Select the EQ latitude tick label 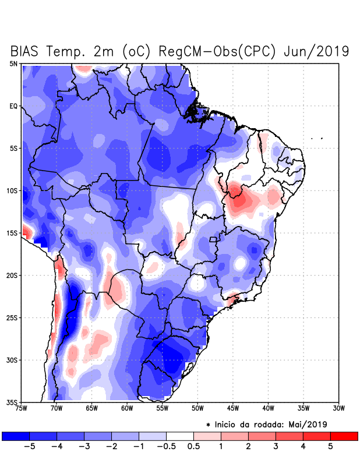pyautogui.click(x=13, y=106)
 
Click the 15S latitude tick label pyautogui.click(x=12, y=233)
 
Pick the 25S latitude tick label pyautogui.click(x=12, y=317)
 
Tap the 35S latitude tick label pyautogui.click(x=12, y=402)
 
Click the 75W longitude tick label pyautogui.click(x=22, y=408)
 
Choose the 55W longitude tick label pyautogui.click(x=163, y=408)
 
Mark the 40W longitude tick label pyautogui.click(x=269, y=408)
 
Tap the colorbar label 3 pyautogui.click(x=276, y=446)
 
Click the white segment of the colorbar pyautogui.click(x=180, y=436)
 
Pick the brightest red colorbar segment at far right pyautogui.click(x=344, y=436)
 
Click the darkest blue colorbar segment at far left pyautogui.click(x=16, y=436)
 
